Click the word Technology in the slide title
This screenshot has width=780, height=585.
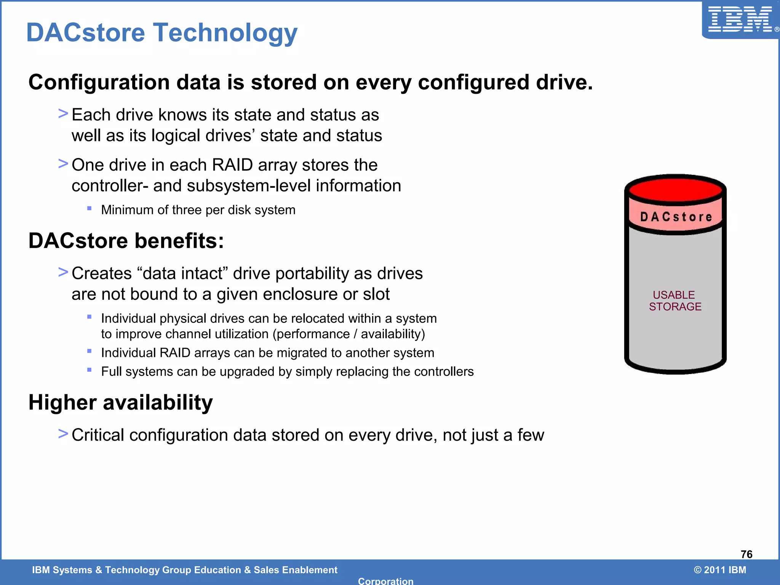click(x=225, y=33)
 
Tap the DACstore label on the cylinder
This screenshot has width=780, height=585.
click(x=676, y=217)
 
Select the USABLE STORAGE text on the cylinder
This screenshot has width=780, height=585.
click(x=675, y=300)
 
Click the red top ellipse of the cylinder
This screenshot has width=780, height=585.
click(x=675, y=189)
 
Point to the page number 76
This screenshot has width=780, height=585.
click(x=746, y=554)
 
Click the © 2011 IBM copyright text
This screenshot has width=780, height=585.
click(x=720, y=570)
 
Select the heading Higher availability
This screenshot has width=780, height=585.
click(x=120, y=403)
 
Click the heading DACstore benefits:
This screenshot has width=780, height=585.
click(x=126, y=241)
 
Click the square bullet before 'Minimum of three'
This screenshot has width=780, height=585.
click(x=89, y=208)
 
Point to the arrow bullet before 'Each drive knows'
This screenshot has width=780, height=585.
click(x=63, y=113)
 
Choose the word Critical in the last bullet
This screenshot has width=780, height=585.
click(x=98, y=435)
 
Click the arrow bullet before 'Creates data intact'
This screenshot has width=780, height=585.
click(x=63, y=272)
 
